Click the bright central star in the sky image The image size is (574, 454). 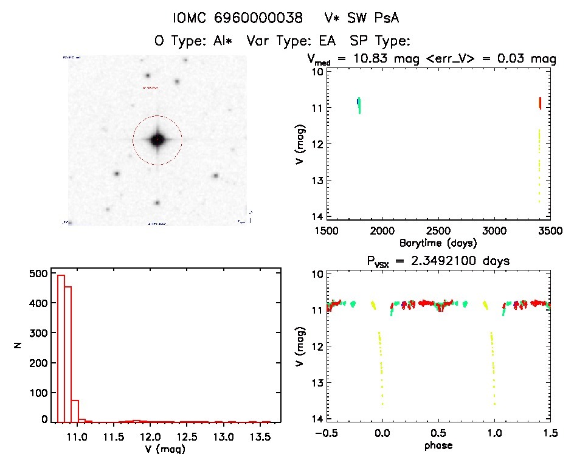click(157, 140)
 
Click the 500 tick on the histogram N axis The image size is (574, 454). click(38, 274)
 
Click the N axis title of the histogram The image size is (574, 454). click(18, 345)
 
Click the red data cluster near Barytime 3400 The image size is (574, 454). click(540, 103)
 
